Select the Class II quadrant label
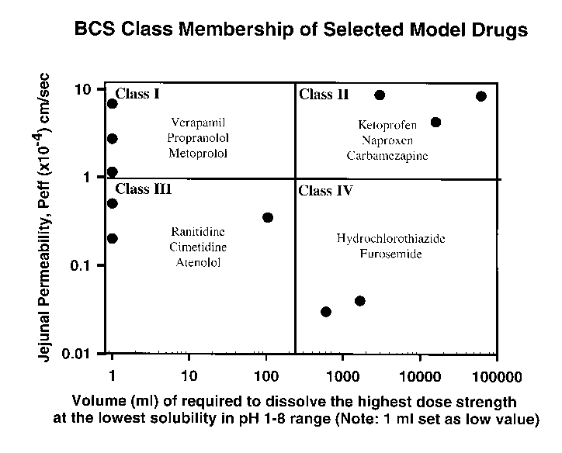[x=324, y=95]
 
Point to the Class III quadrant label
[x=143, y=188]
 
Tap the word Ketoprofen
[x=387, y=124]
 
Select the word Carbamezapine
[x=388, y=155]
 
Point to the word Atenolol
[x=197, y=262]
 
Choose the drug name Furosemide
[x=390, y=253]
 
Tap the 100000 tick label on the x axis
[x=496, y=377]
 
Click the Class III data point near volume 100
[x=268, y=217]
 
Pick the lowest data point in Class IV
[x=326, y=312]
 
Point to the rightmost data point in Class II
[x=481, y=96]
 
